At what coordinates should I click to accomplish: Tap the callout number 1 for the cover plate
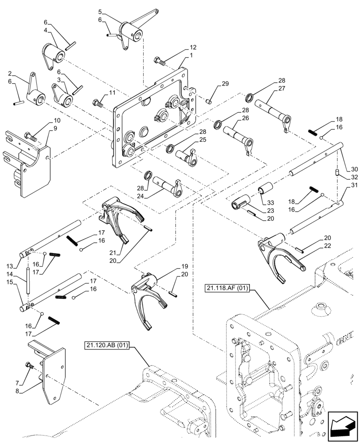192,55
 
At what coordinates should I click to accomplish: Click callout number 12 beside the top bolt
193,47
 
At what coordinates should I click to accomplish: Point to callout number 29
225,84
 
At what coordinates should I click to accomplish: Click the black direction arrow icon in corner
343,426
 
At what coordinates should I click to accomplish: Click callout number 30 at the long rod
354,169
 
